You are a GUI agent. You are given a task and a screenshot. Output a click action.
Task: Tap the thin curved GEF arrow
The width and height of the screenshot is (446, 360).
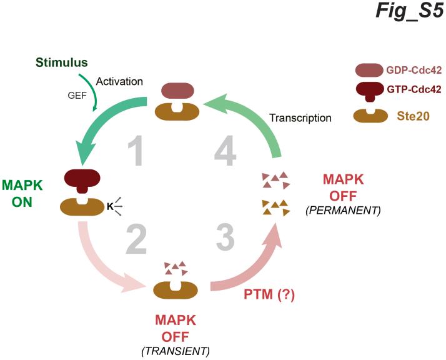click(95, 94)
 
